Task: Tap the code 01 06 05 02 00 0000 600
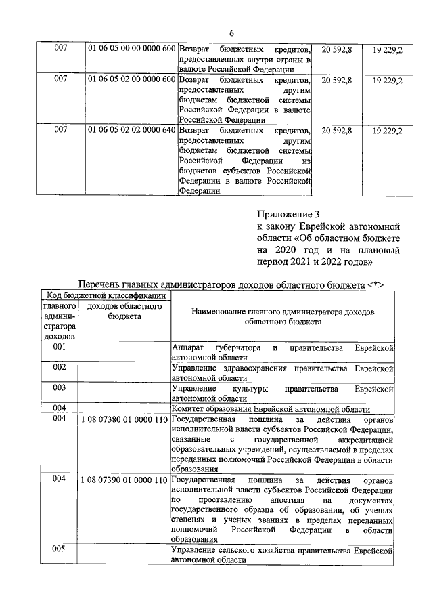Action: tap(132, 80)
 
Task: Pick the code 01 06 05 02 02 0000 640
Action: tap(132, 129)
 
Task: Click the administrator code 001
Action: tap(60, 347)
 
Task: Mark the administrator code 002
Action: tap(60, 367)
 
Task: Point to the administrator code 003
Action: tap(60, 388)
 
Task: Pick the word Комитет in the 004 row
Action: tap(190, 409)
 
